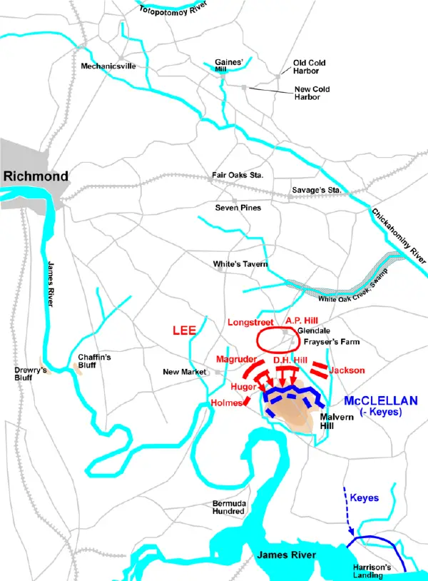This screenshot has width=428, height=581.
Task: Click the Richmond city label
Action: tap(35, 176)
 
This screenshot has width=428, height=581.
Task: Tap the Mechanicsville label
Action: tap(108, 66)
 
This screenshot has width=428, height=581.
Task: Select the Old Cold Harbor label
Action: tap(310, 67)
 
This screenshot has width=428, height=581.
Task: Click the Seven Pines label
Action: tap(238, 208)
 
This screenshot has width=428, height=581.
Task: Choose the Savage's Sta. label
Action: tap(317, 190)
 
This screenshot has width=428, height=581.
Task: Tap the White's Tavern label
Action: tap(240, 264)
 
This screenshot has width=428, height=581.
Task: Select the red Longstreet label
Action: tap(250, 322)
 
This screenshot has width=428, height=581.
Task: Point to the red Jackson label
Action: tap(347, 370)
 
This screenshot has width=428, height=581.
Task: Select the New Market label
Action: tap(184, 372)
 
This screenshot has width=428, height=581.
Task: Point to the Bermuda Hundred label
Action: tap(229, 507)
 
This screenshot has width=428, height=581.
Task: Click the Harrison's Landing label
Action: tap(372, 570)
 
